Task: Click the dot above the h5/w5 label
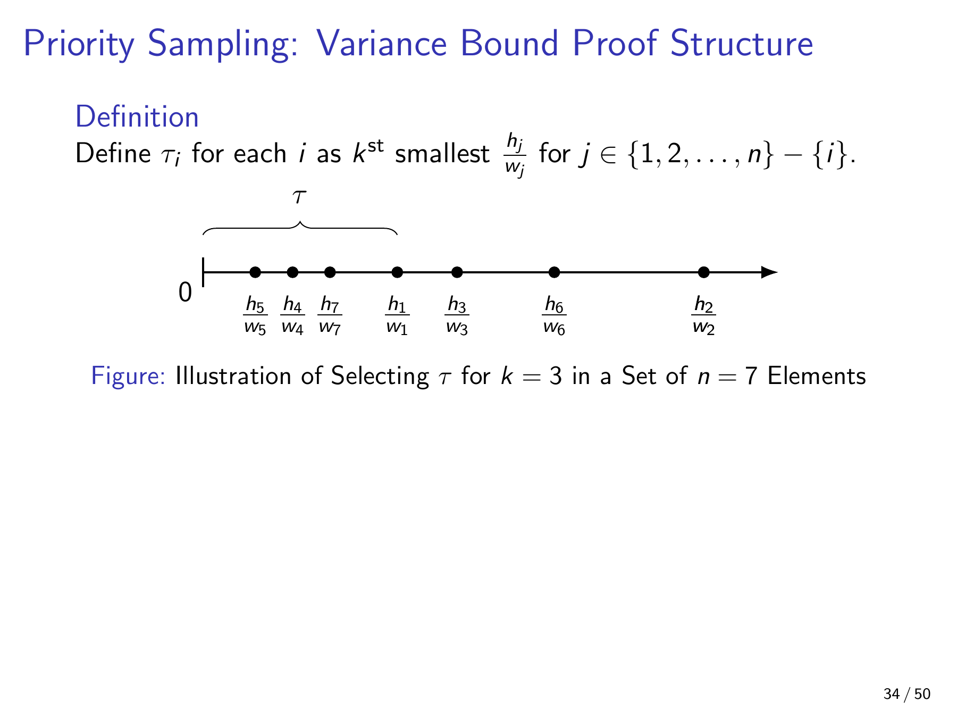click(x=255, y=272)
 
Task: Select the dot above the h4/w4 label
click(x=292, y=272)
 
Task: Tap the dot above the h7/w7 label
click(x=330, y=272)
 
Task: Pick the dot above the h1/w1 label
click(x=397, y=272)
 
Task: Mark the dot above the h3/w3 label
click(x=457, y=272)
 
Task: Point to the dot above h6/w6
click(x=554, y=272)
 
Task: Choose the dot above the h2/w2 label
click(x=703, y=272)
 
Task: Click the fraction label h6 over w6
click(x=554, y=316)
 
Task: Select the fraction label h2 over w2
click(x=703, y=316)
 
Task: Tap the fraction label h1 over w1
click(x=397, y=316)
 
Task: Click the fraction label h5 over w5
click(x=255, y=316)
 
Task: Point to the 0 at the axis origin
click(x=185, y=292)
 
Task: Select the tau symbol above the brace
click(x=300, y=197)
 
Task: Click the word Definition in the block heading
click(x=137, y=117)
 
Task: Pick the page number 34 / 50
click(x=907, y=694)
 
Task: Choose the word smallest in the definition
click(x=442, y=154)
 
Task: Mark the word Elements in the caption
click(x=817, y=376)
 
